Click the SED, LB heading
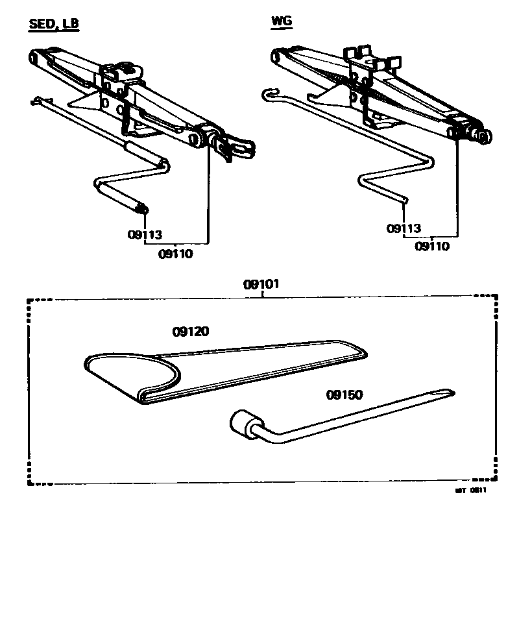(54, 25)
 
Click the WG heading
(282, 21)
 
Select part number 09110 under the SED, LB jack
(175, 254)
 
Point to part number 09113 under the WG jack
(404, 228)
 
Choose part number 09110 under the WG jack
(432, 247)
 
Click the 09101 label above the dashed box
(261, 284)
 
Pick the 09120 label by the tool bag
(191, 332)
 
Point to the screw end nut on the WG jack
(482, 135)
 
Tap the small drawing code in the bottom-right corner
(470, 491)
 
